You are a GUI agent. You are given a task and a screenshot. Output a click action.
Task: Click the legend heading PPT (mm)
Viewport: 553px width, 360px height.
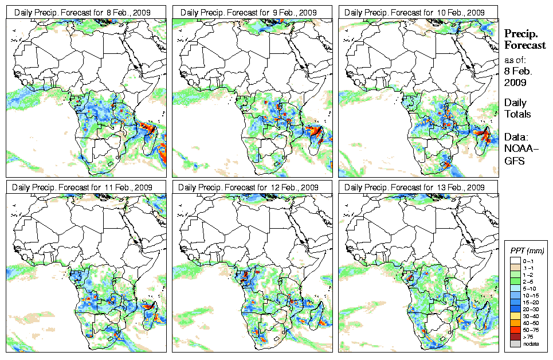tap(527, 251)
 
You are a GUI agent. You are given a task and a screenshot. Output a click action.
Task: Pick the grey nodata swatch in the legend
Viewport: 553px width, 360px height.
tap(514, 343)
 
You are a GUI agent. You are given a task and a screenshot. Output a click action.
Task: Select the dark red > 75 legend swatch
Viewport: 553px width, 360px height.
tap(514, 337)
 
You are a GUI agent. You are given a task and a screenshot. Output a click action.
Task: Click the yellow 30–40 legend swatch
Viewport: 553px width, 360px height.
tap(514, 315)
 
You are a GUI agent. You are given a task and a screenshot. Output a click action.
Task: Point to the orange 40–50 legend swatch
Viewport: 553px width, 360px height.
tap(514, 323)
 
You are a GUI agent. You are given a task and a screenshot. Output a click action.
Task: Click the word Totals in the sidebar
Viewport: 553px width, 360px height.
tap(517, 114)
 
